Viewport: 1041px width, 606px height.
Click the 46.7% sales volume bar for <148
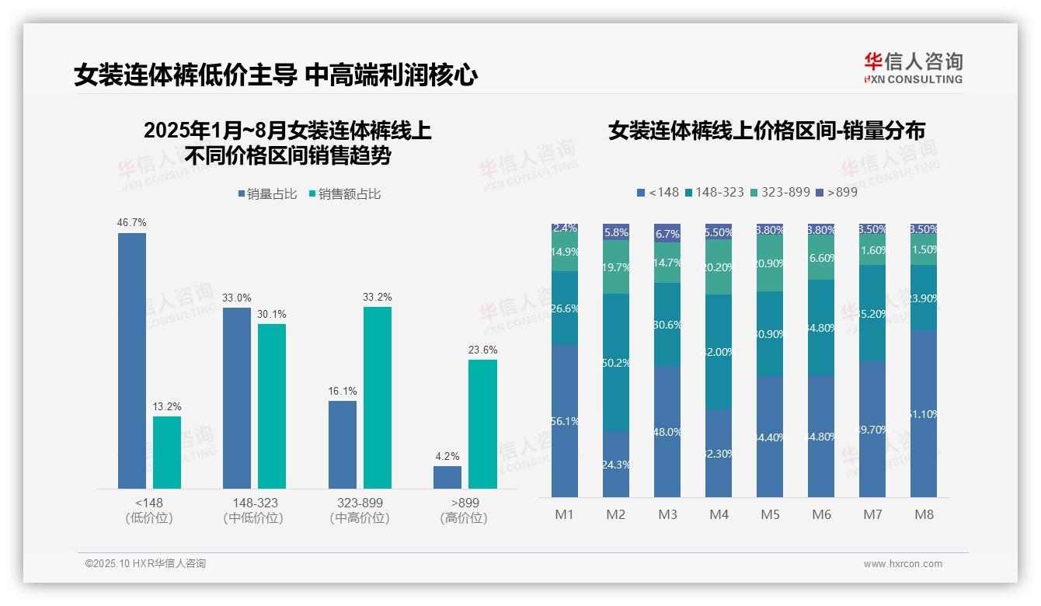tap(132, 360)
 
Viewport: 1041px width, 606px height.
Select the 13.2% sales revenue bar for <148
tap(167, 452)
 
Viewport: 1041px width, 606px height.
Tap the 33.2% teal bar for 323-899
tap(378, 397)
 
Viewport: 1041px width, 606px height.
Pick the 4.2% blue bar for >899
tap(447, 477)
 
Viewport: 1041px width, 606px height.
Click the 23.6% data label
tap(483, 350)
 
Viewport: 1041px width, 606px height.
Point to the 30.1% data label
tap(272, 315)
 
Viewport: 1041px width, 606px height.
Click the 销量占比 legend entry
tap(267, 194)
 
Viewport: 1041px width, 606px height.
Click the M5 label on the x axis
tap(770, 514)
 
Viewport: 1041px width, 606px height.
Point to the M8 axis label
tap(924, 514)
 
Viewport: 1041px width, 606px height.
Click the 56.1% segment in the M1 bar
tap(565, 420)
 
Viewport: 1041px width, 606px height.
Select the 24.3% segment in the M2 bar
tap(616, 464)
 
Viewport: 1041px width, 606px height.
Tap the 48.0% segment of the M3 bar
tap(667, 431)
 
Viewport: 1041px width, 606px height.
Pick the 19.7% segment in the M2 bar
tap(616, 266)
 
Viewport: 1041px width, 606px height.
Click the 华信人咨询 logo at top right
tap(913, 68)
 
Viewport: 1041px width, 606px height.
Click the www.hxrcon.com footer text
tap(903, 564)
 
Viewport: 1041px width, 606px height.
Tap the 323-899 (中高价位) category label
tap(360, 510)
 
